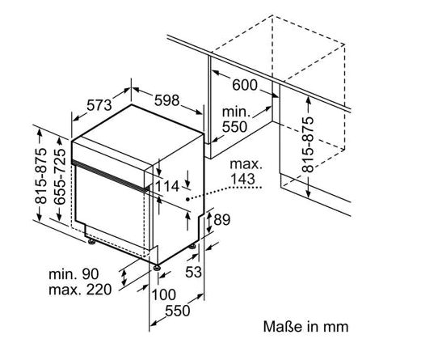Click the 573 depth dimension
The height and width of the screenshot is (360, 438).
(x=99, y=105)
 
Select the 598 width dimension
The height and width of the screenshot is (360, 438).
(x=166, y=100)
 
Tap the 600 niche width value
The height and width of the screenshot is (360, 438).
(x=245, y=85)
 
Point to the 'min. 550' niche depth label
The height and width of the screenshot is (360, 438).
(x=235, y=120)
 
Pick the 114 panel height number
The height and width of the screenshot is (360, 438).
(x=166, y=186)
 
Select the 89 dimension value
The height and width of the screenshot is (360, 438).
(x=222, y=220)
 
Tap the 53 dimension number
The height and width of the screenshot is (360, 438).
(x=194, y=272)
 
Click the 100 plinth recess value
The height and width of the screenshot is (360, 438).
(x=164, y=294)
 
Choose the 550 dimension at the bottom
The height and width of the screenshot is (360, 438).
(x=178, y=311)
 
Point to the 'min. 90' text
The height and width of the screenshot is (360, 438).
(x=74, y=274)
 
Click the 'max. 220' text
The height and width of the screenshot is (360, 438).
(x=80, y=290)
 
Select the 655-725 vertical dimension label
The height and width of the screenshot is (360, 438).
(x=60, y=176)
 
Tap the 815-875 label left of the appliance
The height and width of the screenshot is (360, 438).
(x=40, y=176)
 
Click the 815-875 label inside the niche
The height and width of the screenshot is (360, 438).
(x=308, y=145)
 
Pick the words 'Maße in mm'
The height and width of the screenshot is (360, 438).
(x=306, y=327)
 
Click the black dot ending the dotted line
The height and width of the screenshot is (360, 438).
(x=187, y=199)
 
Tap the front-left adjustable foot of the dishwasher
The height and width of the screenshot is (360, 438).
(x=91, y=242)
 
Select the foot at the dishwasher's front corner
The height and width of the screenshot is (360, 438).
(x=157, y=268)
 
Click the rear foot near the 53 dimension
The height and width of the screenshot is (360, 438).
(x=192, y=247)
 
